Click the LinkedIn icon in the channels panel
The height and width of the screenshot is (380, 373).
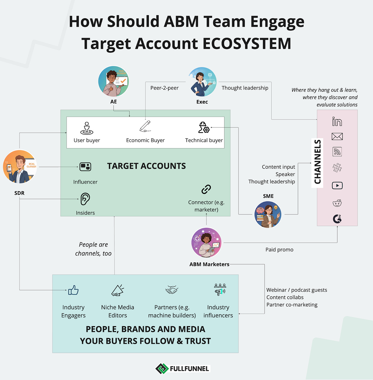coord(337,122)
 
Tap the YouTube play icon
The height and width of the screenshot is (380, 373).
coord(337,185)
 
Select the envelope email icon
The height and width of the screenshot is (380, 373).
coord(337,136)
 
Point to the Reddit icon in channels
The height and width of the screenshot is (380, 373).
coord(337,203)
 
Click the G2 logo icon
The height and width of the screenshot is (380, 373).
coord(337,219)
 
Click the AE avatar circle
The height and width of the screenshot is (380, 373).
coord(113,81)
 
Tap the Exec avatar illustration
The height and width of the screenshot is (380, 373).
coord(202,82)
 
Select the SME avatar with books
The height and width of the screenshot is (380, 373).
coord(268,214)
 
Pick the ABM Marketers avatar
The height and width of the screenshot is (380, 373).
coord(206,243)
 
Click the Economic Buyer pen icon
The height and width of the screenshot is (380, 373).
coord(145,126)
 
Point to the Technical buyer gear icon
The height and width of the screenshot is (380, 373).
coord(204,127)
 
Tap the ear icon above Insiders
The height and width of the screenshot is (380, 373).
coord(85,199)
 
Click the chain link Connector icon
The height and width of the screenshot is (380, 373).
coord(206,189)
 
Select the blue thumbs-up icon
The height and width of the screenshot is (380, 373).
coord(74,290)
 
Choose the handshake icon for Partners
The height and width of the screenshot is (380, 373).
coord(172,290)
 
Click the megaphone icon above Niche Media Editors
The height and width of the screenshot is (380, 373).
coord(118,290)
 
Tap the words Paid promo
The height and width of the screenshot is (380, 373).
coord(279,250)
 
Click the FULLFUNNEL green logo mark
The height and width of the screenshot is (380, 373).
coord(162,369)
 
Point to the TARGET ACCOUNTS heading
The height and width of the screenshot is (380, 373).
coord(146,166)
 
